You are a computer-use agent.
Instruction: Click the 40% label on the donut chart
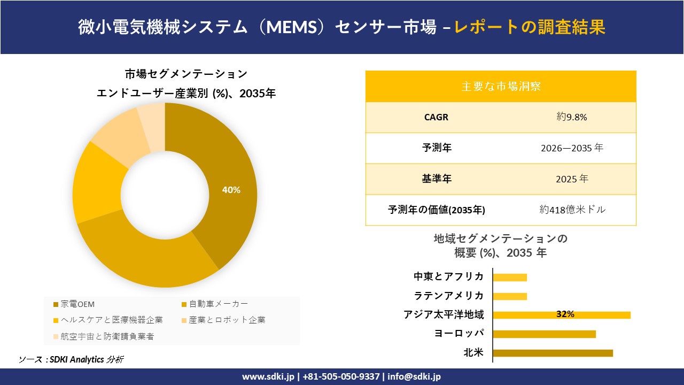coord(231,190)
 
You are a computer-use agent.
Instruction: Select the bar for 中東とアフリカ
coord(510,277)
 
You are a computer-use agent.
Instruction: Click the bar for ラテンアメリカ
coord(510,296)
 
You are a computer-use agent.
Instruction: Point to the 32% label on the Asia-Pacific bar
coord(565,314)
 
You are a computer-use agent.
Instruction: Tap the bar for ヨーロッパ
coord(544,334)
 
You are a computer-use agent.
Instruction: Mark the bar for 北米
coord(553,353)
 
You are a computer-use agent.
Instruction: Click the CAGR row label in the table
coord(436,117)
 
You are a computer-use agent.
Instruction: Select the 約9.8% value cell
coord(571,117)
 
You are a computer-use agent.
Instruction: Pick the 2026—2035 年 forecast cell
coord(571,148)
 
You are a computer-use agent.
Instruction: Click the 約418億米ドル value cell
coord(572,210)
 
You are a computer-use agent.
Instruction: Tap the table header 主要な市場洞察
coord(501,86)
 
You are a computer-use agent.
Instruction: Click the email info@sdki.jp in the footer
coord(414,376)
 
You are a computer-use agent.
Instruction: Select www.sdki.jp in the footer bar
coord(268,376)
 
